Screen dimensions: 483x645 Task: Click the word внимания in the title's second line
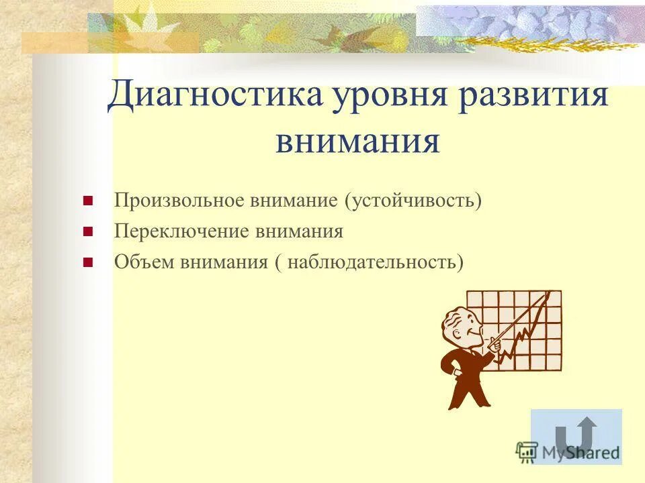pyautogui.click(x=357, y=142)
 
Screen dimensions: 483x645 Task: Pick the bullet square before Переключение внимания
pyautogui.click(x=87, y=232)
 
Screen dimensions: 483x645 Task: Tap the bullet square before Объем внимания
pyautogui.click(x=87, y=262)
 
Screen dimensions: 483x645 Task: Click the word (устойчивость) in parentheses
pyautogui.click(x=414, y=201)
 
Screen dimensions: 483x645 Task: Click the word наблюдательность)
pyautogui.click(x=376, y=262)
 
